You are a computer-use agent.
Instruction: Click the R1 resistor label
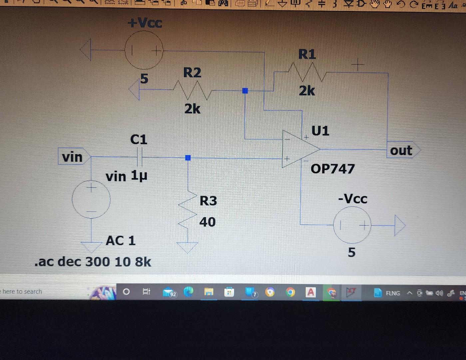click(307, 54)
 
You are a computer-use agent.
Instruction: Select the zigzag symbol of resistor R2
click(192, 90)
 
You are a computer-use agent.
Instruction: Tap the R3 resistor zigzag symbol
click(188, 210)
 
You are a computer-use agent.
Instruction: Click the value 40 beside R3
click(207, 222)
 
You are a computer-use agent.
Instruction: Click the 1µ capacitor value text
click(139, 176)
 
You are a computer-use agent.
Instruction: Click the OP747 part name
click(332, 169)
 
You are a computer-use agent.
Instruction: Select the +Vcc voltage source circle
click(144, 50)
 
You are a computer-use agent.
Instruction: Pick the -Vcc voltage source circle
click(352, 225)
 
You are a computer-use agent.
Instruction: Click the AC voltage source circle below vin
click(91, 199)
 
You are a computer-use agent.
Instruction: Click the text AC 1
click(121, 240)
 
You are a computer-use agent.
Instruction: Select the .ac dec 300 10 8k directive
click(93, 262)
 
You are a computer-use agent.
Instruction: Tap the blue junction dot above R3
click(188, 158)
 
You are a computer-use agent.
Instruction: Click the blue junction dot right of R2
click(245, 91)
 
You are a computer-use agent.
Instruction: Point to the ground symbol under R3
click(187, 247)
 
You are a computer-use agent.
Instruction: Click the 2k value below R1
click(307, 91)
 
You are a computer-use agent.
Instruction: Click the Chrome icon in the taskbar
click(290, 292)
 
